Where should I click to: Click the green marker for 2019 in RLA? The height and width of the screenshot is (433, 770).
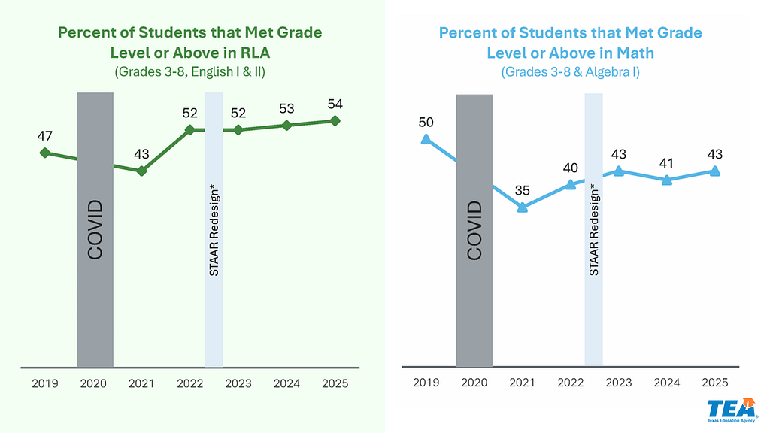tap(44, 153)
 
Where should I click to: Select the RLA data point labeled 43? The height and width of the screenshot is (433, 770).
tap(141, 171)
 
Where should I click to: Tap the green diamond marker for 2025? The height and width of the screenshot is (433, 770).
tap(335, 120)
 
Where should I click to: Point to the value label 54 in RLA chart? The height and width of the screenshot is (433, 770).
tap(335, 104)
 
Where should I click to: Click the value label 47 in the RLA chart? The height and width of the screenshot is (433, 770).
tap(44, 136)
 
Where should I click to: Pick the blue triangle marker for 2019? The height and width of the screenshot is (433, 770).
tap(426, 139)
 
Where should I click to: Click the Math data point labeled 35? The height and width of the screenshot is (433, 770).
tap(522, 207)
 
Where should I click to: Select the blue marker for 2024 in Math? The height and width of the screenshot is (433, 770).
tap(667, 180)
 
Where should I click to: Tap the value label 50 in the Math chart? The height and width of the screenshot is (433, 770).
tap(426, 122)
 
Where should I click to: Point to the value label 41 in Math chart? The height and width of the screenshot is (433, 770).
tap(667, 162)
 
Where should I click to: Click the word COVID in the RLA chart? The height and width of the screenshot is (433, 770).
tap(95, 230)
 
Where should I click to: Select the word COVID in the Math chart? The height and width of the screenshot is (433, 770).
tap(474, 230)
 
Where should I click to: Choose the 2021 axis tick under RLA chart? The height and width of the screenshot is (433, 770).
tap(141, 383)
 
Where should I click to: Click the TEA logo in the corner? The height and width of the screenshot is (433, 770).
tap(728, 411)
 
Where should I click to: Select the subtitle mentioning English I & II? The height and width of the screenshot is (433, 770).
tap(189, 73)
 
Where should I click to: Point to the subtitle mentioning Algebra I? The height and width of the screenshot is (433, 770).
tap(570, 72)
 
